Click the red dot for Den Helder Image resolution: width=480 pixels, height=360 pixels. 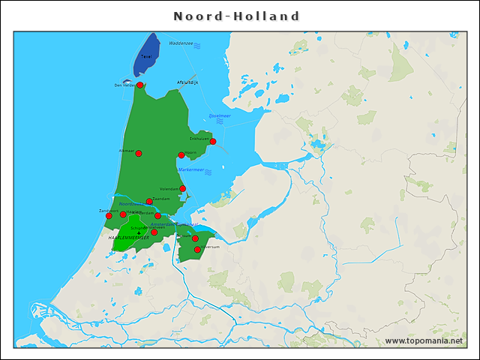pyautogui.click(x=139, y=85)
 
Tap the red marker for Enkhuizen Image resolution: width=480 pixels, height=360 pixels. pyautogui.click(x=213, y=142)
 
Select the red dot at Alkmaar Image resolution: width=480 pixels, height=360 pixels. pyautogui.click(x=139, y=153)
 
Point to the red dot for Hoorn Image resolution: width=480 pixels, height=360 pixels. pyautogui.click(x=181, y=155)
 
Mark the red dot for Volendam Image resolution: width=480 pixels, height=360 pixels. pyautogui.click(x=182, y=189)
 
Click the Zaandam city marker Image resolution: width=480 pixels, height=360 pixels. pyautogui.click(x=149, y=201)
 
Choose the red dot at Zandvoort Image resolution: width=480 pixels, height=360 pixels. pyautogui.click(x=109, y=216)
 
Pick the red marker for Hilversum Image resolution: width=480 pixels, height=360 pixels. pyautogui.click(x=197, y=249)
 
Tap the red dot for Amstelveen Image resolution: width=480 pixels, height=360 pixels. pyautogui.click(x=154, y=232)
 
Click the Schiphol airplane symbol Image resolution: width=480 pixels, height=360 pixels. pyautogui.click(x=138, y=233)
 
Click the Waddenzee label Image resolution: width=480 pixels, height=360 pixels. pyautogui.click(x=180, y=43)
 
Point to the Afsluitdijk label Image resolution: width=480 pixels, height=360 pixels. pyautogui.click(x=187, y=82)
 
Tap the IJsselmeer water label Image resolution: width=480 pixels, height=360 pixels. pyautogui.click(x=220, y=116)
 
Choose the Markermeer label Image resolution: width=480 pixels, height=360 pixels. pyautogui.click(x=191, y=169)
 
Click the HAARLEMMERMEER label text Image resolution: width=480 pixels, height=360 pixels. pyautogui.click(x=128, y=238)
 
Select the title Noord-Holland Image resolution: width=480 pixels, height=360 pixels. pyautogui.click(x=237, y=16)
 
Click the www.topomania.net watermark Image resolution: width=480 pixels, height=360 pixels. pyautogui.click(x=424, y=340)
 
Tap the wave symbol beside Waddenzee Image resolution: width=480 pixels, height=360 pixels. pyautogui.click(x=197, y=46)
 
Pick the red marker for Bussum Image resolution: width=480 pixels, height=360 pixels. pyautogui.click(x=195, y=239)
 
